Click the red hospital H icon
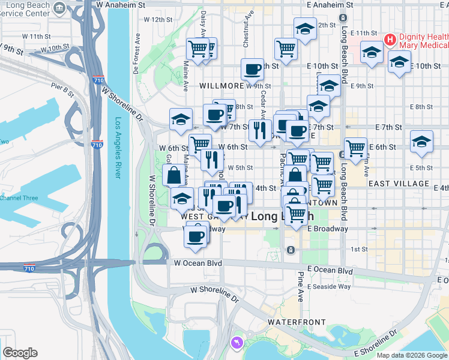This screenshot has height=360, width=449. tap(390, 40)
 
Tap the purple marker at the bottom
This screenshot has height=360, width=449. tap(235, 343)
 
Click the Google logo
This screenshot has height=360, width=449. tap(20, 353)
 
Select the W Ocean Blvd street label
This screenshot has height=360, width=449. tap(198, 263)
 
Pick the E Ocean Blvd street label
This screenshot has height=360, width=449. tap(330, 271)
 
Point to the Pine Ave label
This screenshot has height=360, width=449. tap(301, 287)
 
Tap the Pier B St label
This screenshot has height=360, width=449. tap(62, 91)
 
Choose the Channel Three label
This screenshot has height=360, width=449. tap(19, 198)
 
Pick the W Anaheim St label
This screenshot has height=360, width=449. tap(125, 4)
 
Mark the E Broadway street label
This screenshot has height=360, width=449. tap(328, 229)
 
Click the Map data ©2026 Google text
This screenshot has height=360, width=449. tap(412, 355)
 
